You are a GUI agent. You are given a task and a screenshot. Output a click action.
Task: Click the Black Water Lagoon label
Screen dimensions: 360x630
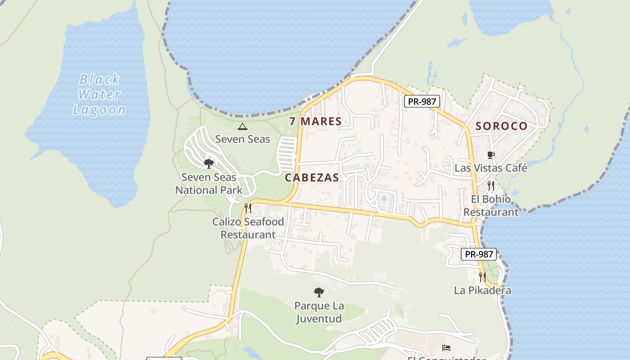[x=99, y=94]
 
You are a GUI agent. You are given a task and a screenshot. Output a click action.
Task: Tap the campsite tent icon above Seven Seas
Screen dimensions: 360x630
[x=243, y=126]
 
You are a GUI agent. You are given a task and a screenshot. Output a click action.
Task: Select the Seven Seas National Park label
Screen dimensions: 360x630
[x=209, y=184]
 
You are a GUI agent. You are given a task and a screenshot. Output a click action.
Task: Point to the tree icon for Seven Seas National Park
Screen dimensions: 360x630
[x=208, y=163]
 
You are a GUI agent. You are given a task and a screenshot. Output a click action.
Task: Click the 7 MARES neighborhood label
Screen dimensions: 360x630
[x=315, y=121]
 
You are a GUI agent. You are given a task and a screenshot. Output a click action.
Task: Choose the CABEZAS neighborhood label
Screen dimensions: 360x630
[x=312, y=177]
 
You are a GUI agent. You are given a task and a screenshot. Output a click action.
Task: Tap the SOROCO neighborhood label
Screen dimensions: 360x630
[x=501, y=126]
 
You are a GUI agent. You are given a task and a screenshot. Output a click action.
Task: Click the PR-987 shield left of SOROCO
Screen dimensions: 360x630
[x=421, y=101]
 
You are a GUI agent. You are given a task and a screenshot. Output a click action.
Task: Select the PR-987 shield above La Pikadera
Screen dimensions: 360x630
[x=479, y=254]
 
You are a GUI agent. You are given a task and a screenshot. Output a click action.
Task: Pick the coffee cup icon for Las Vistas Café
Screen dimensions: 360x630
[x=491, y=155]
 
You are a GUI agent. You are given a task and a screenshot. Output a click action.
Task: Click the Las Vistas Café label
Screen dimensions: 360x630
[x=490, y=168]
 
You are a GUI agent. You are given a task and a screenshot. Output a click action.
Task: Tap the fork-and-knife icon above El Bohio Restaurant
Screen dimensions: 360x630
[x=491, y=185]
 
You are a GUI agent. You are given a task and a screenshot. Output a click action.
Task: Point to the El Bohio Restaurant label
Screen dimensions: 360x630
[x=491, y=205]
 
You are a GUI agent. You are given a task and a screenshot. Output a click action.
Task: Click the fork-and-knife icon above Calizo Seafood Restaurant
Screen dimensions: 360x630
[x=248, y=208]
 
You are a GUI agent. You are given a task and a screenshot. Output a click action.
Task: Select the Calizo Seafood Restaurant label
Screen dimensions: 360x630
[x=248, y=228]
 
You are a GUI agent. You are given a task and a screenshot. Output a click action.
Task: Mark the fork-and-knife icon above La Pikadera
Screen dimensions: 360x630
[x=482, y=277]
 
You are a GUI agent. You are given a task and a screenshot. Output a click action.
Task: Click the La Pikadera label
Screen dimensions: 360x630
[x=482, y=290]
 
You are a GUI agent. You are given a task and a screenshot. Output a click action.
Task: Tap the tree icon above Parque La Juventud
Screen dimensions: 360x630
[x=319, y=292]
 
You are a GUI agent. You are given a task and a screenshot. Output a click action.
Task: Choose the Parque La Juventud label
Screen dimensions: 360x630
[x=319, y=312]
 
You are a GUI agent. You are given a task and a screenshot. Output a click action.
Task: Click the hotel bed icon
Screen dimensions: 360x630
[x=446, y=347]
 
